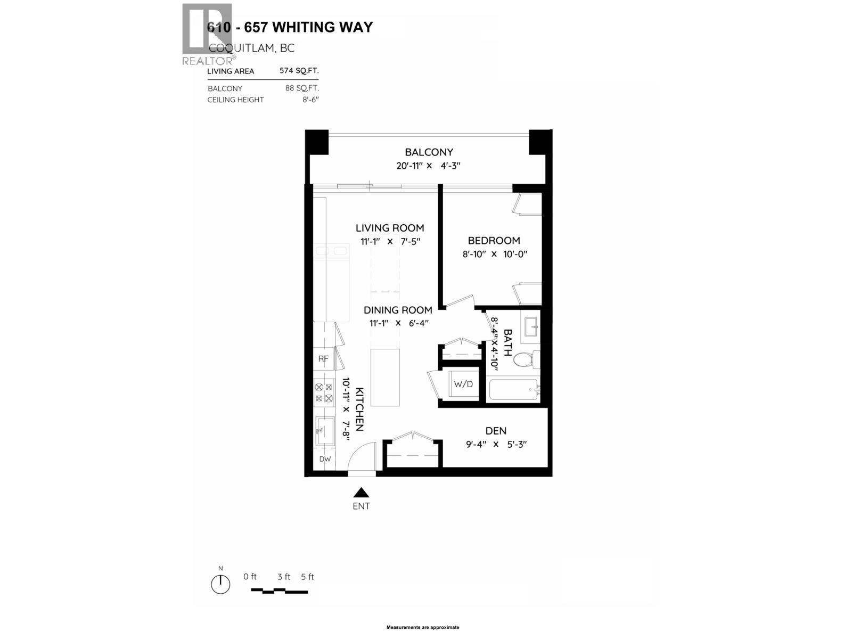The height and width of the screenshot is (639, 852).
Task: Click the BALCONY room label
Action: [x=429, y=152]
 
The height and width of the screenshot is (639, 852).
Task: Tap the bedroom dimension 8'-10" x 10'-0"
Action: [x=495, y=254]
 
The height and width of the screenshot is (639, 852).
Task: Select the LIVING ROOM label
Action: [x=390, y=228]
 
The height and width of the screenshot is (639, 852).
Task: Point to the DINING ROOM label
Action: [x=398, y=310]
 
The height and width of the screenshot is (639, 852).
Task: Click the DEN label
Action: [x=496, y=431]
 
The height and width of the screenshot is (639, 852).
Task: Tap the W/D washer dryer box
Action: [x=463, y=384]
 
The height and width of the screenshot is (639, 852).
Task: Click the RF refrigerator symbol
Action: [x=323, y=359]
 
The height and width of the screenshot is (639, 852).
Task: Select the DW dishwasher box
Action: [x=325, y=459]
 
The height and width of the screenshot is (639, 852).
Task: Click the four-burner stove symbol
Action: [x=323, y=393]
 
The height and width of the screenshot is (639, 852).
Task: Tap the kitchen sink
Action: [x=324, y=430]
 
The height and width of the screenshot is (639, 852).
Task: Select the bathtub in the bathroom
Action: [x=514, y=390]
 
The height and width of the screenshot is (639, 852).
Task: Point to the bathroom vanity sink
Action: [x=531, y=326]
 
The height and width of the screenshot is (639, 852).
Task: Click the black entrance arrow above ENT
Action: [x=361, y=493]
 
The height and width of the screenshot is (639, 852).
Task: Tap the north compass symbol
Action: [x=220, y=584]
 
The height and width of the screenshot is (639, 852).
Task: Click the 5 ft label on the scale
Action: [x=307, y=577]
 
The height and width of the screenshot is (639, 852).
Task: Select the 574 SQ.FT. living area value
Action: [x=299, y=71]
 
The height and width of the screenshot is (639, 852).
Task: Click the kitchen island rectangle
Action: [x=385, y=378]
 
